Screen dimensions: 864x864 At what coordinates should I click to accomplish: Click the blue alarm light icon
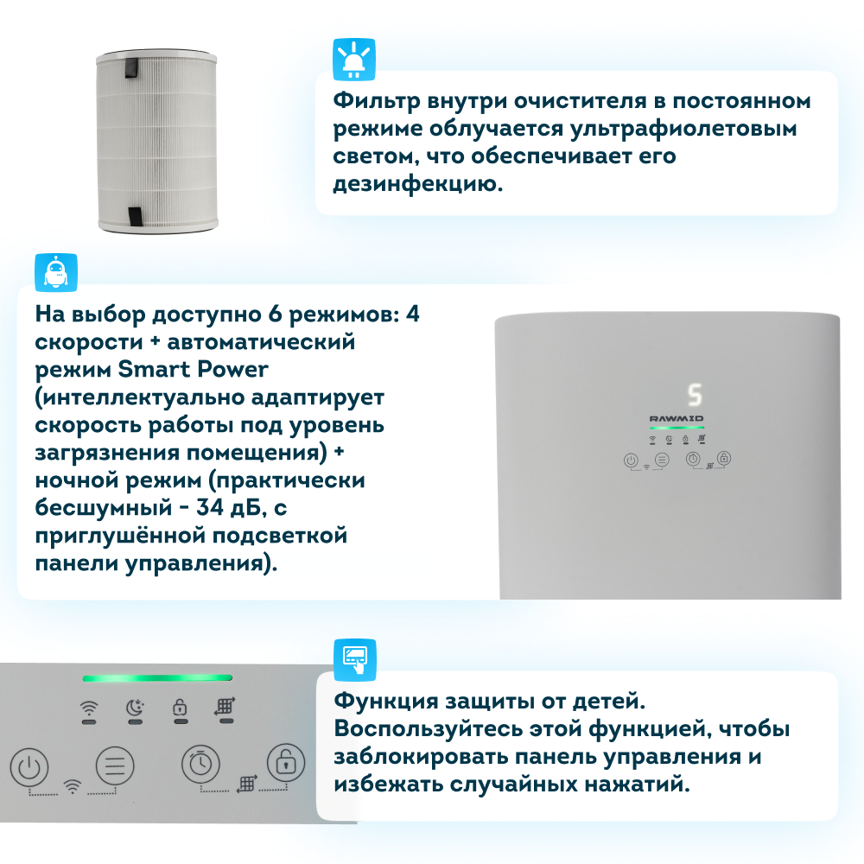tap(353, 59)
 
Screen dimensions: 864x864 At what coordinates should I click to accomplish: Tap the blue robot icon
tap(56, 272)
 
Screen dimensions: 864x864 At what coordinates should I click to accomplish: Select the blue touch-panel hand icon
tap(355, 659)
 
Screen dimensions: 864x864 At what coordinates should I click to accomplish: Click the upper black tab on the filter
tap(131, 67)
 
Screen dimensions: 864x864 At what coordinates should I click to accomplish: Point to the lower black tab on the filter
tap(135, 217)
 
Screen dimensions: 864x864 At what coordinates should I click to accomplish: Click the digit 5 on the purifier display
tap(695, 395)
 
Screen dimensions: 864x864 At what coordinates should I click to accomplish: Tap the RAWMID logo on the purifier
tap(677, 419)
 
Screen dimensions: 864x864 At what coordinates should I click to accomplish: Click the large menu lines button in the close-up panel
tap(115, 766)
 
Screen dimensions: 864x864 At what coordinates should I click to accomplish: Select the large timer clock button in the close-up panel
tap(200, 764)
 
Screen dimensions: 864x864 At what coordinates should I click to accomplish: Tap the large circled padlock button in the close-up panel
tap(286, 763)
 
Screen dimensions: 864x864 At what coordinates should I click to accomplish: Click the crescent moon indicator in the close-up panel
tap(135, 707)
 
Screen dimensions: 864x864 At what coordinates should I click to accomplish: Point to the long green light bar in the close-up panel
tap(157, 677)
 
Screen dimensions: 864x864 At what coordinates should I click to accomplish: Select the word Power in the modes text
tap(232, 369)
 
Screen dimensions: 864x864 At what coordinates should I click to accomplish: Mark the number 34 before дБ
tap(210, 507)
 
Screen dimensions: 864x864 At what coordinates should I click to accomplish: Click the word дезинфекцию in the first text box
tap(418, 184)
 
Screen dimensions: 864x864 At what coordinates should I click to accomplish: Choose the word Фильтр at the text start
tap(377, 101)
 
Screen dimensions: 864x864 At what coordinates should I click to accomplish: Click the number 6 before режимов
tap(275, 314)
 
